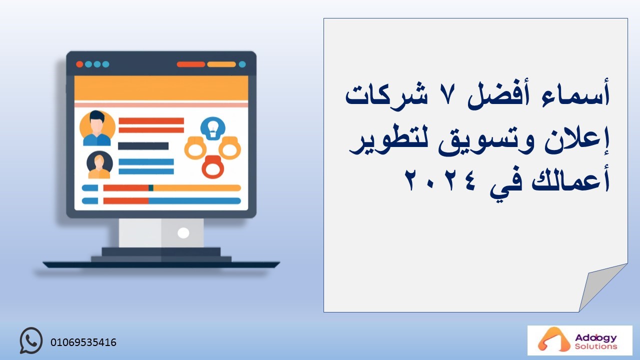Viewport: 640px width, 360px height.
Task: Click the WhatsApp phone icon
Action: coord(31,340)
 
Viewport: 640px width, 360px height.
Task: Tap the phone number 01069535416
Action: coord(83,342)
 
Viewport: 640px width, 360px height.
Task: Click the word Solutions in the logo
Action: coord(595,346)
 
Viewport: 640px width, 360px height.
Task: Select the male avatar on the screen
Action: coord(97,128)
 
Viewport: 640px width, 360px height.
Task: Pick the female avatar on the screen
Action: coord(99,165)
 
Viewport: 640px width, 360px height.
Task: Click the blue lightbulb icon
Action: coord(213,128)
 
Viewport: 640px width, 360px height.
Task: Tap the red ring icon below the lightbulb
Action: coord(212,167)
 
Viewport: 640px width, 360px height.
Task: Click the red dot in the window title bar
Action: coord(79,64)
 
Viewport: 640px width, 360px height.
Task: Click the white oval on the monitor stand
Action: coord(183,233)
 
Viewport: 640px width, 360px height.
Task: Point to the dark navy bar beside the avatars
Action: coord(143,146)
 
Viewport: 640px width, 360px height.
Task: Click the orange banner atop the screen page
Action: coord(161,88)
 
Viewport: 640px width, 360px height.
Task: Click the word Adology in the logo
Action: coord(595,337)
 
